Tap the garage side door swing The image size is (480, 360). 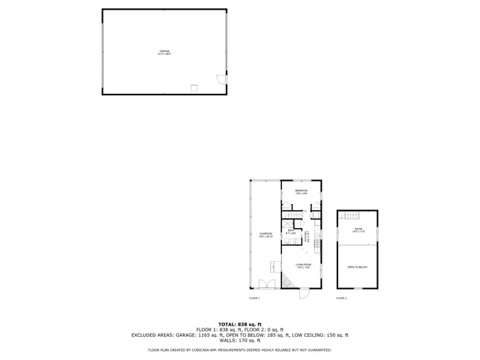tap(220, 79)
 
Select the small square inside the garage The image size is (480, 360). tap(194, 87)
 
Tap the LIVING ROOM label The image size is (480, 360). tap(303, 265)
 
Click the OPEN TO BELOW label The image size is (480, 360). tap(357, 267)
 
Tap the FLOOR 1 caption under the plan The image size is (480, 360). tap(254, 298)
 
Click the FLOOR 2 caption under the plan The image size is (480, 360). tap(341, 298)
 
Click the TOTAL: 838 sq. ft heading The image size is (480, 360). tap(239, 324)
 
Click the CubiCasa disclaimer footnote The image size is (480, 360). tap(239, 349)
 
